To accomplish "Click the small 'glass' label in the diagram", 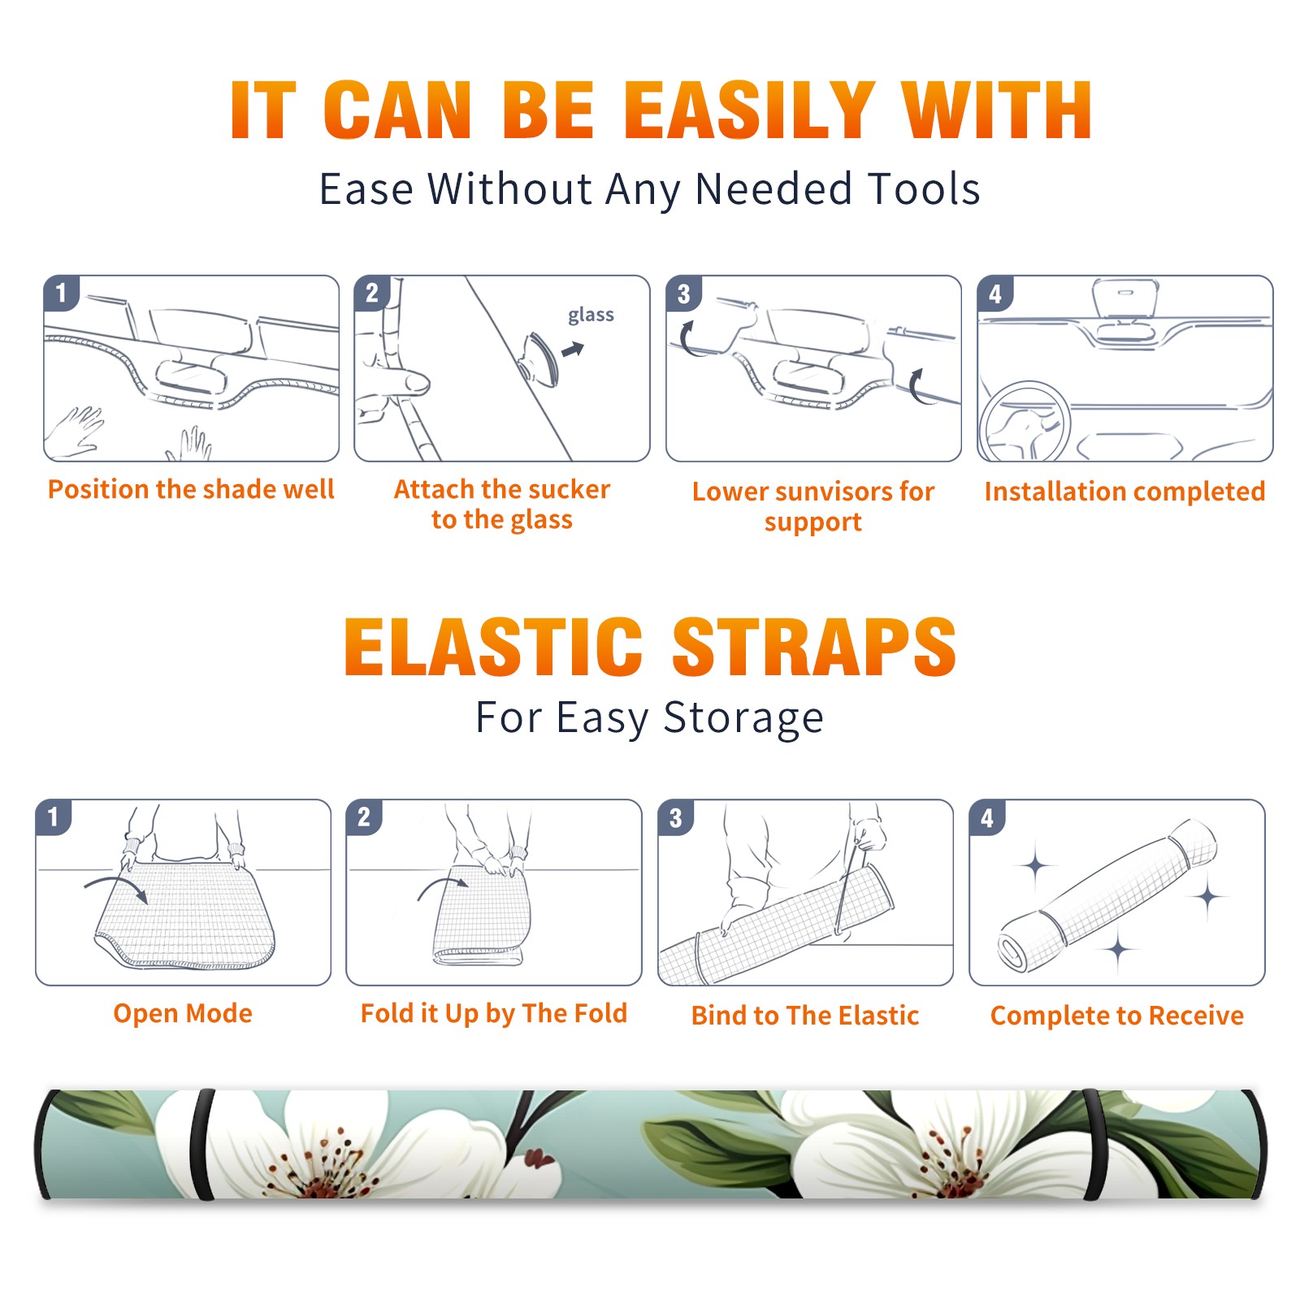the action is point(591,315).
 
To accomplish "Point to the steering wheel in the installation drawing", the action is point(1024,422).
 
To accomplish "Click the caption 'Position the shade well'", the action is point(191,489).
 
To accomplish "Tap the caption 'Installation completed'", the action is point(1124,492).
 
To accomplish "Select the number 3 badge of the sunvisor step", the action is point(683,294).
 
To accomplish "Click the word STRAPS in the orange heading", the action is point(814,647).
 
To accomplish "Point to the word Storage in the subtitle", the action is point(743,718).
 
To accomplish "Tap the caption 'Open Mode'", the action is point(183,1013).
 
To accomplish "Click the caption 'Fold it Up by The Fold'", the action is point(494,1014).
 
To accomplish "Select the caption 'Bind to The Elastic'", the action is point(805,1016).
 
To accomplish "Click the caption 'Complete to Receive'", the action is point(1117,1016).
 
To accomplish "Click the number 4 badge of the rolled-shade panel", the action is point(987,817).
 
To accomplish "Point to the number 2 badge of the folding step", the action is point(363,817).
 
